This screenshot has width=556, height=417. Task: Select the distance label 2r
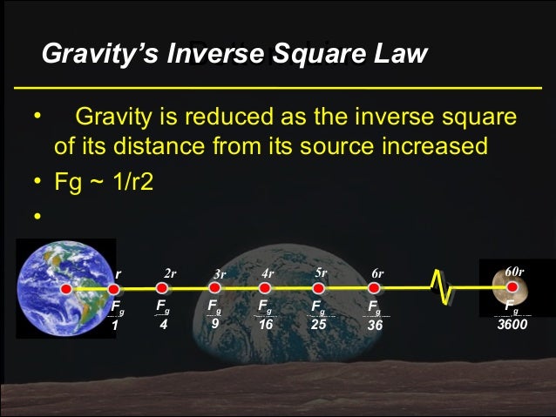click(x=170, y=273)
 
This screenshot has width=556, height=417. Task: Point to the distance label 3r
click(x=220, y=274)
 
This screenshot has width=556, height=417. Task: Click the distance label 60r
click(x=514, y=272)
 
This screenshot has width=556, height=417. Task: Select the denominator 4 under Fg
click(x=163, y=324)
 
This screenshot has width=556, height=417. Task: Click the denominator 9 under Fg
click(x=214, y=323)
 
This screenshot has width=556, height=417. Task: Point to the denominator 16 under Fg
click(x=266, y=324)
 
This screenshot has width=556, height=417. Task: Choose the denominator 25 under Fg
click(x=319, y=324)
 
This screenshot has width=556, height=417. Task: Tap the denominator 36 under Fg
click(x=375, y=324)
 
